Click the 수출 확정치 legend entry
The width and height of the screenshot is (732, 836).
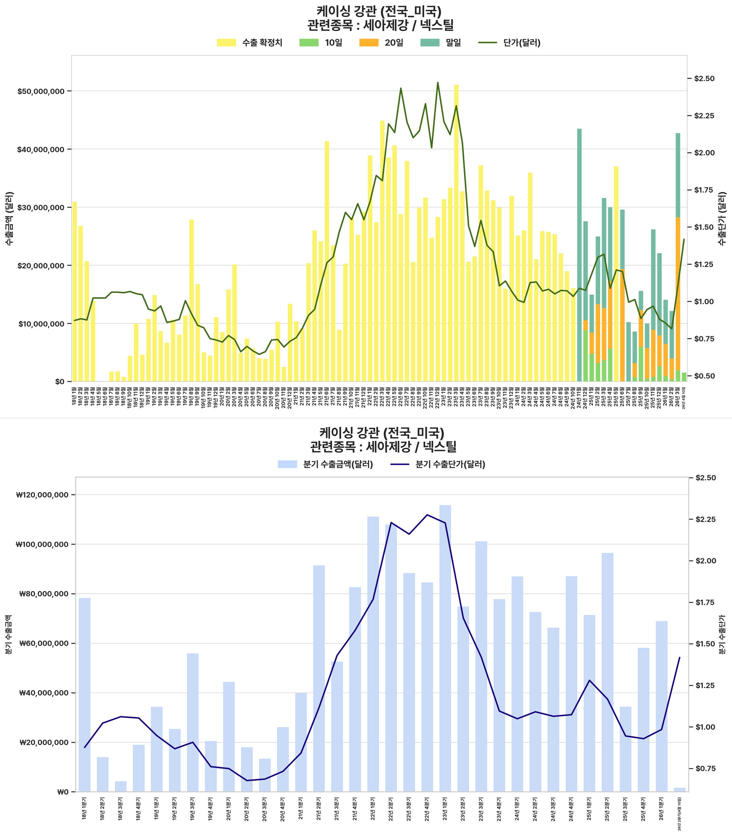pyautogui.click(x=249, y=43)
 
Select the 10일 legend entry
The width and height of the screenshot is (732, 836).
pyautogui.click(x=321, y=43)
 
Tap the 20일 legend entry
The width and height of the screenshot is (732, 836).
pyautogui.click(x=381, y=43)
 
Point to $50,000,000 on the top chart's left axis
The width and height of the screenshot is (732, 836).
pyautogui.click(x=41, y=91)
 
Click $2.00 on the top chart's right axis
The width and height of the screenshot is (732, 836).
pyautogui.click(x=704, y=153)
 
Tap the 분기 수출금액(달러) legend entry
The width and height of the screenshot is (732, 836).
pyautogui.click(x=325, y=464)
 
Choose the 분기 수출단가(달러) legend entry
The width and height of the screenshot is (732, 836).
pyautogui.click(x=438, y=464)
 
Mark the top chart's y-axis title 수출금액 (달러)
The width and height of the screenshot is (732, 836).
pyautogui.click(x=9, y=218)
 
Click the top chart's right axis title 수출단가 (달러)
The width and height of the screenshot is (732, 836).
pyautogui.click(x=722, y=218)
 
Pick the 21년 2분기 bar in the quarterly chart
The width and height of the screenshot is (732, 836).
pyautogui.click(x=319, y=678)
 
